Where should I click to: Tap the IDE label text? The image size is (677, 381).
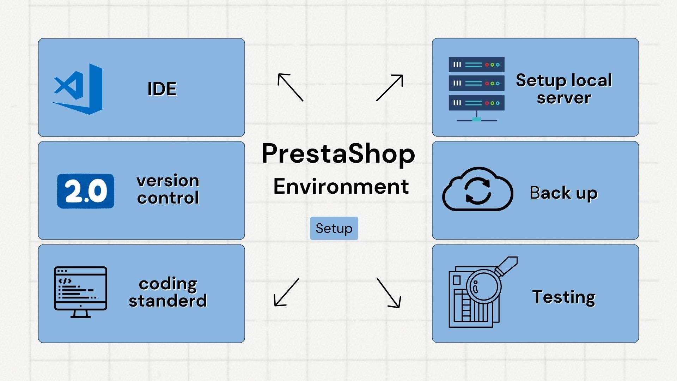pyautogui.click(x=162, y=89)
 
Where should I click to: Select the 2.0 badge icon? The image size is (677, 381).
pyautogui.click(x=86, y=191)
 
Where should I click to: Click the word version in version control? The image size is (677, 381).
pyautogui.click(x=168, y=181)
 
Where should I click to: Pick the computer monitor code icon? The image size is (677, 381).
pyautogui.click(x=80, y=292)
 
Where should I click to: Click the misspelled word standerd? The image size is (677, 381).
pyautogui.click(x=168, y=301)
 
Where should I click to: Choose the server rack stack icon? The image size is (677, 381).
pyautogui.click(x=476, y=88)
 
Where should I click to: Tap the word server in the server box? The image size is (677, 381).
pyautogui.click(x=563, y=98)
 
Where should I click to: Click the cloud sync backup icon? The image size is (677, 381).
pyautogui.click(x=478, y=189)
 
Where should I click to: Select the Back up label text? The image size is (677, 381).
pyautogui.click(x=563, y=193)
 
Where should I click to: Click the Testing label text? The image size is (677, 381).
pyautogui.click(x=563, y=297)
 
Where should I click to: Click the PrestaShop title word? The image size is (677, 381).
pyautogui.click(x=338, y=154)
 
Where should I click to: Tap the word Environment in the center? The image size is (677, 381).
pyautogui.click(x=341, y=186)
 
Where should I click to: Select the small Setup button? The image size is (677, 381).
pyautogui.click(x=334, y=228)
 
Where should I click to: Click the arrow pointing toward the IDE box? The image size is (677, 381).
pyautogui.click(x=290, y=87)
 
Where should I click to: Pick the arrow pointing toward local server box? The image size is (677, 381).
pyautogui.click(x=390, y=87)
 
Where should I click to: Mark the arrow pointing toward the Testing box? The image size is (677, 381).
pyautogui.click(x=389, y=293)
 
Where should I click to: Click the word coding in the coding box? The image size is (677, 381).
pyautogui.click(x=168, y=284)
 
